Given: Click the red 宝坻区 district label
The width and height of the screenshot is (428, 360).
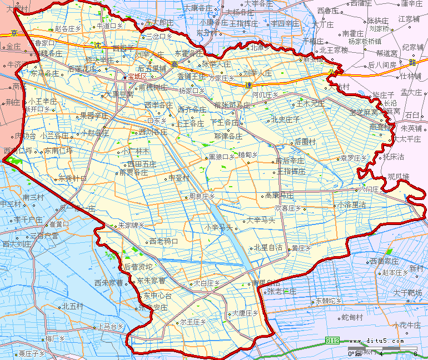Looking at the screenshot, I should pos(137,76).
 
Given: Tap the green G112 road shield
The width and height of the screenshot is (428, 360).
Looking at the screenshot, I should pos(332,339).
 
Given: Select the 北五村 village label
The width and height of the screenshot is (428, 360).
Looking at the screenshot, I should pos(72,306).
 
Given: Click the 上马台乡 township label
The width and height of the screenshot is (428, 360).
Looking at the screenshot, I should pos(109,326).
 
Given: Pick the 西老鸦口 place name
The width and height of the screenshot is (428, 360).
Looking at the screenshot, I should pos(163,242).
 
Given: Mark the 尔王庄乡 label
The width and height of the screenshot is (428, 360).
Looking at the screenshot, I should pos(193,322).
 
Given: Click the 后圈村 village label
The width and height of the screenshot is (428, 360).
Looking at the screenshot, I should pos(305,142).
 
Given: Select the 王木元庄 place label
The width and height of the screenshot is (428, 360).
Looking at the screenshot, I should pos(310,103).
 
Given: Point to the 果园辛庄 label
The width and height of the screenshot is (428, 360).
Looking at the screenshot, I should pos(94,116).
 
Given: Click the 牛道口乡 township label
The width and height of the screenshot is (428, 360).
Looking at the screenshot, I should pos(110,26).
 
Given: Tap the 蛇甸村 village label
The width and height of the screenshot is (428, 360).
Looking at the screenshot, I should pos(352,317).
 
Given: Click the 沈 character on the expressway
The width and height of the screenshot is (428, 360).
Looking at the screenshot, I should pos(98,45).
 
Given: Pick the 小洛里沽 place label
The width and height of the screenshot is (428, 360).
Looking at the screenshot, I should pos(351,204).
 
